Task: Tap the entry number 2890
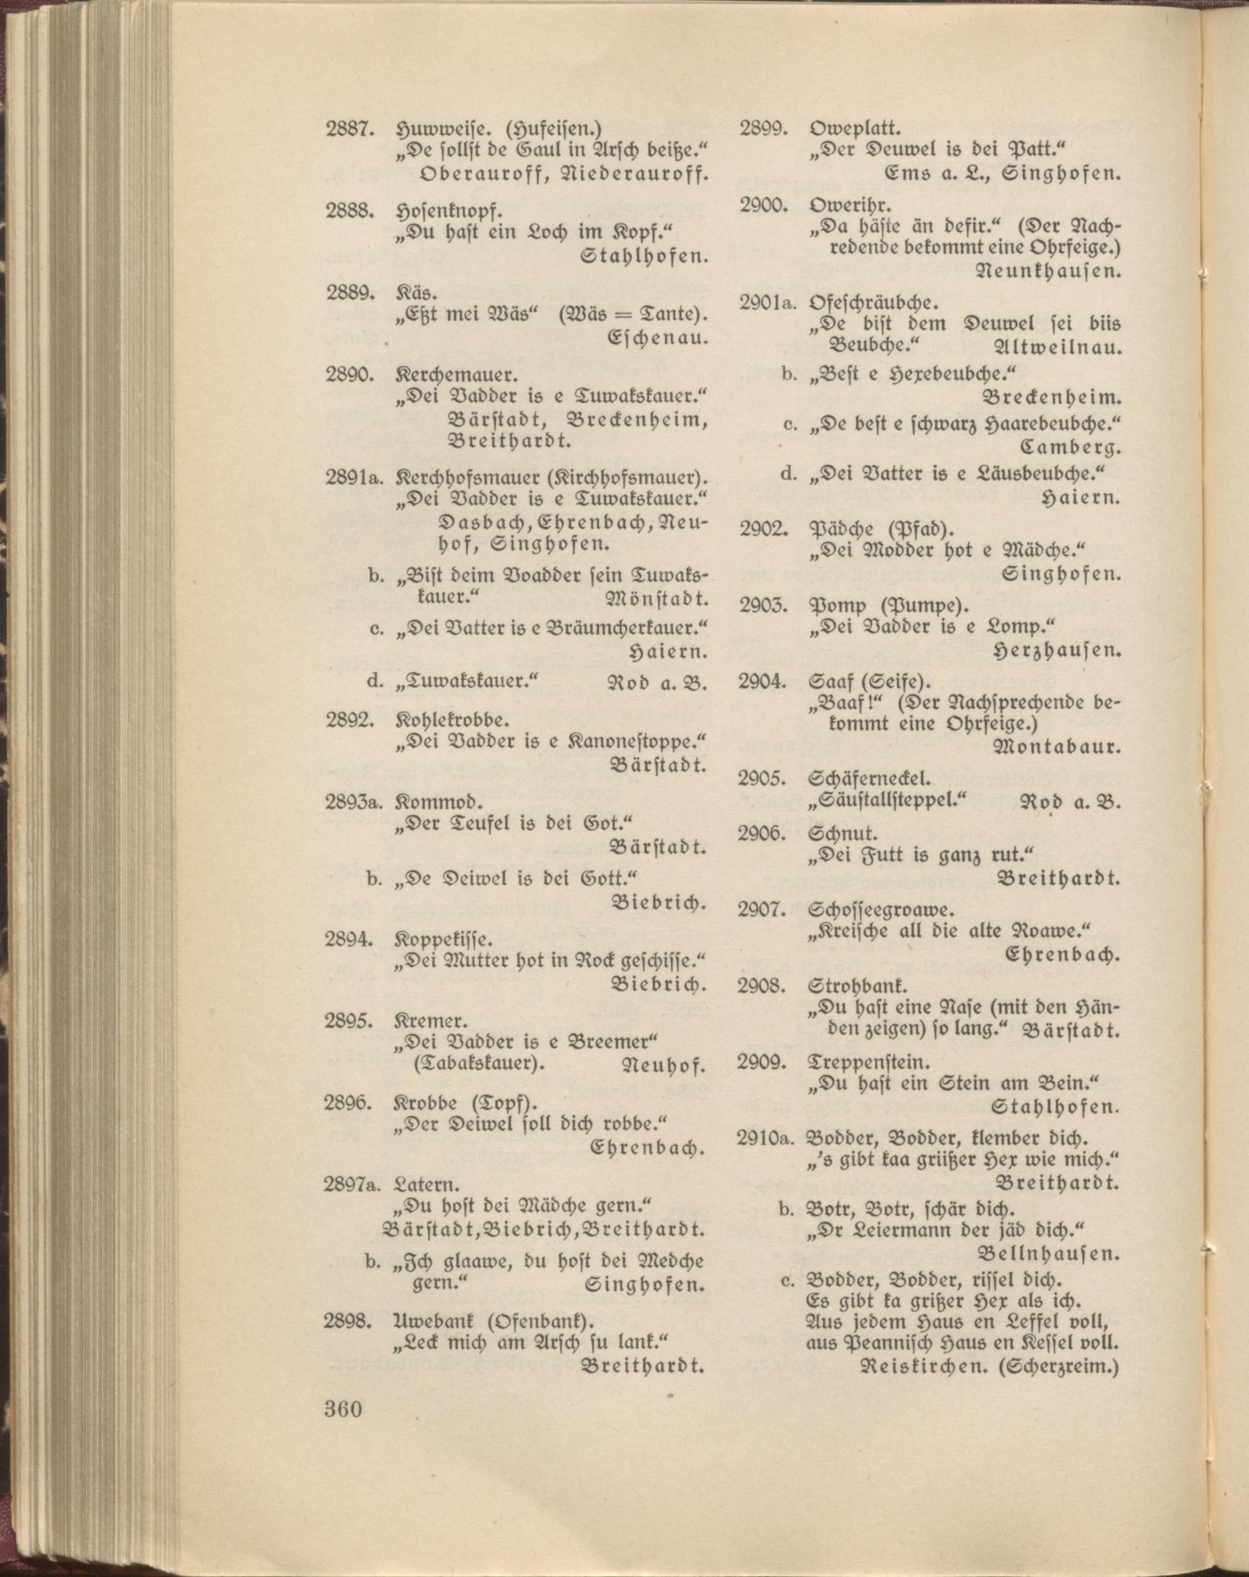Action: tap(350, 376)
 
